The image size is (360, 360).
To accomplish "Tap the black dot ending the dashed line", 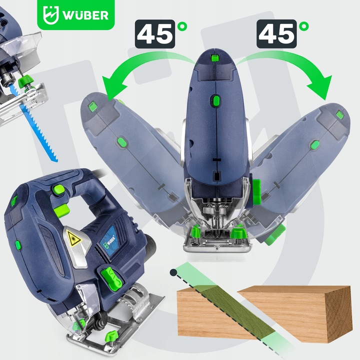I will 172,272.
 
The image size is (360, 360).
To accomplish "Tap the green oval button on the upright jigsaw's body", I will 215,101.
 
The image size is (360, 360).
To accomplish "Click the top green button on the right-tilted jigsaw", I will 340,115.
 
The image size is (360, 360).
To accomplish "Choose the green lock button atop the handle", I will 58,189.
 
